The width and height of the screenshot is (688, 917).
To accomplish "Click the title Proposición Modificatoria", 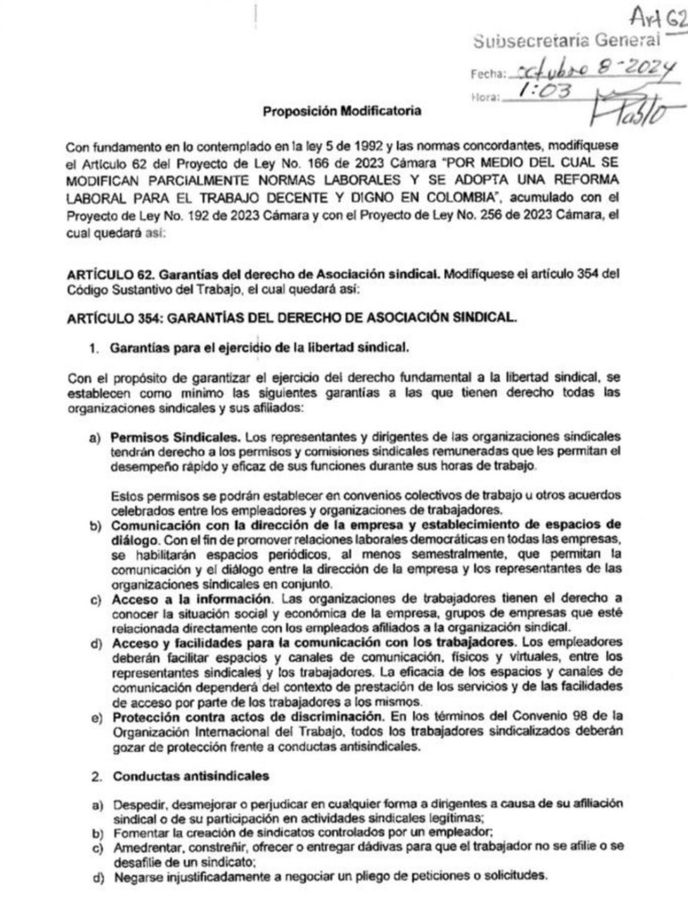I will tap(342, 111).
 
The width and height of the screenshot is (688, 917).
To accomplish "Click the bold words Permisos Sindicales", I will tap(175, 438).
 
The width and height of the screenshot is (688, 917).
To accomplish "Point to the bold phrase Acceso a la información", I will tap(193, 599).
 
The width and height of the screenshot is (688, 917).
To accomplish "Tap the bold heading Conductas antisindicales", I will tap(191, 776).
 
